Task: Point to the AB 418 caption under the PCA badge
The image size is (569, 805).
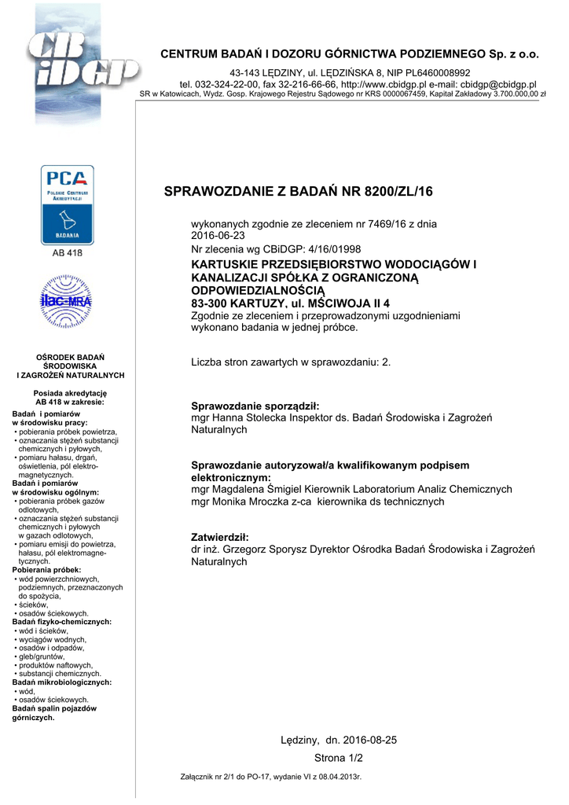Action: click(x=68, y=253)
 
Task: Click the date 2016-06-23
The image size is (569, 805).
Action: click(x=218, y=235)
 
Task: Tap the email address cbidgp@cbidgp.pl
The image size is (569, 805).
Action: click(x=498, y=83)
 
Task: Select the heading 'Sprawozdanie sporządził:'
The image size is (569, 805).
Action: click(x=255, y=406)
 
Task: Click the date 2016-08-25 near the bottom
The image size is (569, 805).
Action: click(x=370, y=741)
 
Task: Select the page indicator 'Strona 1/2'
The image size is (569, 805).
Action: click(x=339, y=758)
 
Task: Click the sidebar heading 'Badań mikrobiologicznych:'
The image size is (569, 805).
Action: click(x=61, y=682)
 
